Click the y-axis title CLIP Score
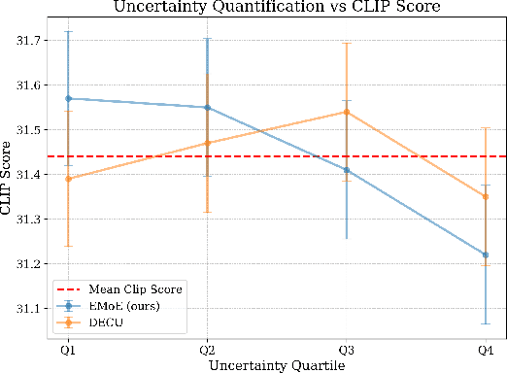point(9,179)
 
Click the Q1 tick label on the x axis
point(68,349)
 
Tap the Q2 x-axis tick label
point(207,349)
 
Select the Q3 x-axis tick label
point(347,349)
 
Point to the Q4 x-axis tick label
point(486,349)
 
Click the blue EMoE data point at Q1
point(68,98)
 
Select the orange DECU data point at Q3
point(347,112)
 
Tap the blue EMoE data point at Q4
point(486,254)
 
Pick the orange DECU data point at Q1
point(68,179)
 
